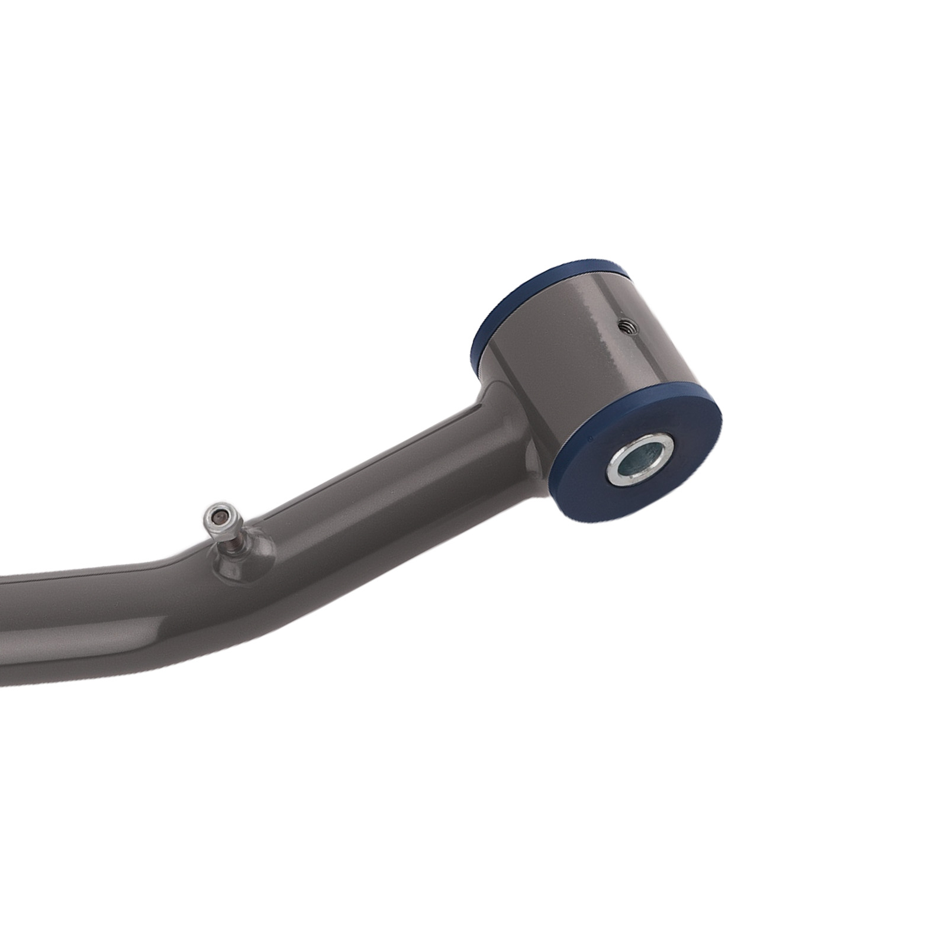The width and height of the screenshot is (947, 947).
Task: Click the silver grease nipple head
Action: click(221, 518)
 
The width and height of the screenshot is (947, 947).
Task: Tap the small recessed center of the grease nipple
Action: click(219, 516)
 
